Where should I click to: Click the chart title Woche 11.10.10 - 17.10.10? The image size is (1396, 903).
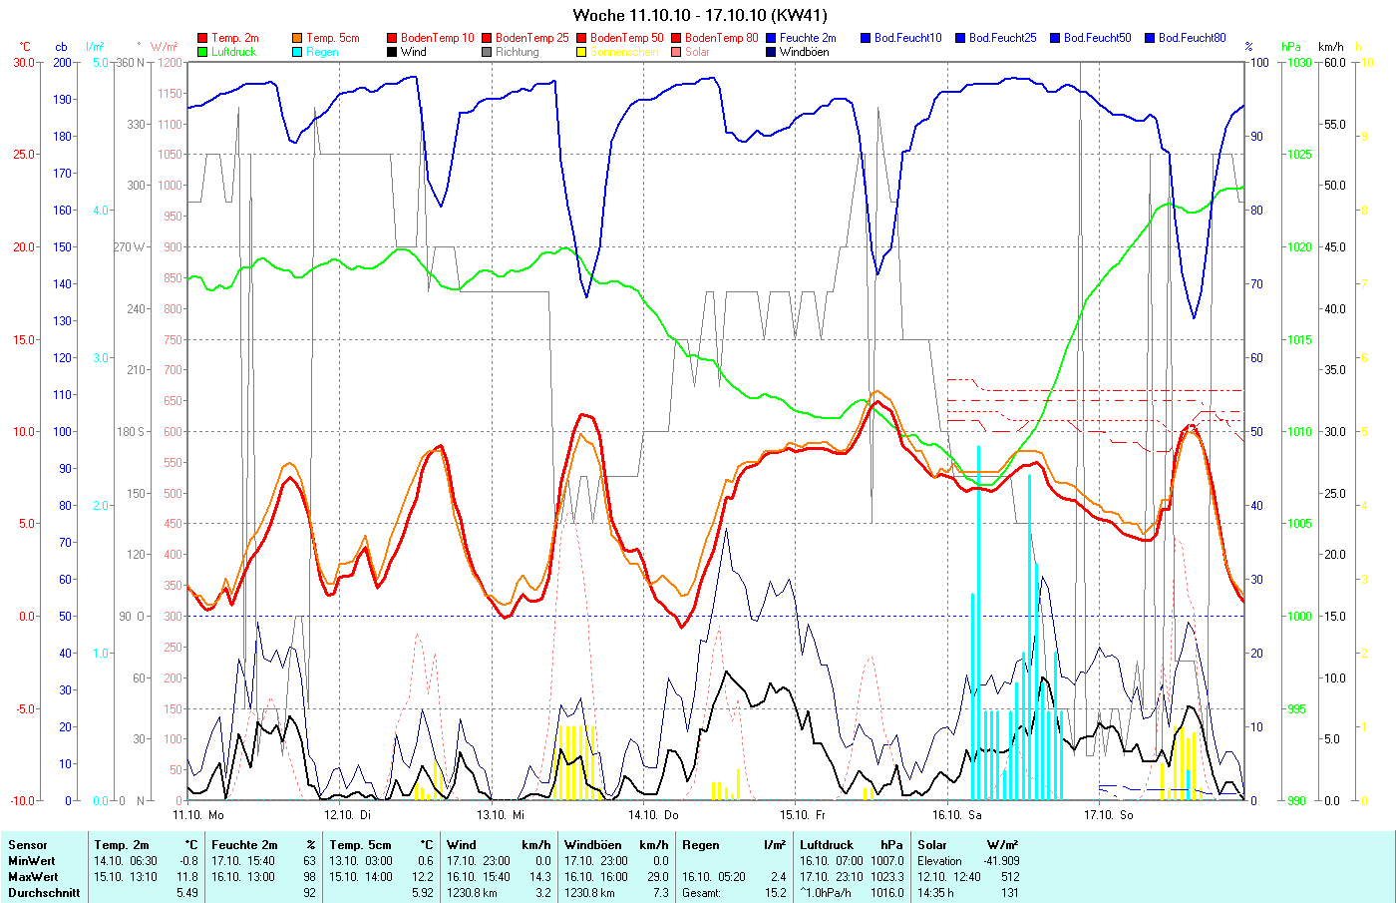coord(699,15)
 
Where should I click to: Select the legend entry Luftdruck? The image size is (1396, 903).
coord(233,52)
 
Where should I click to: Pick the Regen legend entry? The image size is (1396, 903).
coord(322,52)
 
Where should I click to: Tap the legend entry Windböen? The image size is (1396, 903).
coord(804,52)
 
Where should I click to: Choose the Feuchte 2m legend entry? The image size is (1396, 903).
coord(808,38)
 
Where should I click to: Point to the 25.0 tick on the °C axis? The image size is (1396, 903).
coord(23,155)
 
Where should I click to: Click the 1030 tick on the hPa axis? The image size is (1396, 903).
coord(1298,63)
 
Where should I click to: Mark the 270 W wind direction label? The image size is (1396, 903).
coord(130,247)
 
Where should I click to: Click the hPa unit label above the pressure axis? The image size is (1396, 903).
coord(1291,47)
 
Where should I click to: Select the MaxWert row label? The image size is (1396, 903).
coord(32,877)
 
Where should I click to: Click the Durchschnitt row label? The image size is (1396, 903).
coord(44,893)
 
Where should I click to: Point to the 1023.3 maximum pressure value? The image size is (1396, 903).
coord(886,877)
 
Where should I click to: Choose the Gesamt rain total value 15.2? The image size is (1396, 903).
coord(775,893)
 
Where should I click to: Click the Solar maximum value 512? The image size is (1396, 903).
coord(1009,877)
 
